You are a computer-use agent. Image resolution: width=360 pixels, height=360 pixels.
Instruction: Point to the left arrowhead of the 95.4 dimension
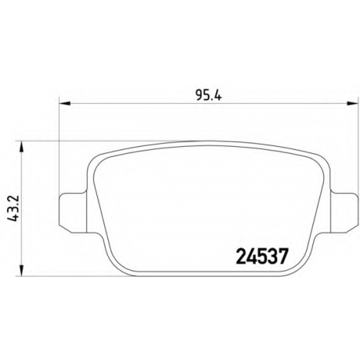coord(65,104)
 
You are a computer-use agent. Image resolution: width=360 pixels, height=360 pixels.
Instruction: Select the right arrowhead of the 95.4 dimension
coord(352,104)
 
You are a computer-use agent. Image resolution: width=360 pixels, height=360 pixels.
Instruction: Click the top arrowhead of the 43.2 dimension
coord(22,146)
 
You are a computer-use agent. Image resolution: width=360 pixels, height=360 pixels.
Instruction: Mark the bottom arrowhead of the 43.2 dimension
coord(22,271)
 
